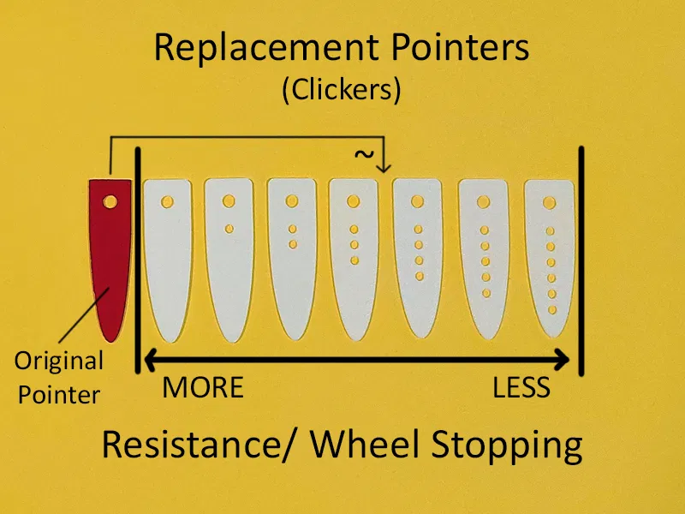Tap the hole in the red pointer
pos(110,202)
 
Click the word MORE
pos(203,388)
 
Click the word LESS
pos(521,388)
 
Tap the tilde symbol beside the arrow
pos(364,155)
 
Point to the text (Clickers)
pos(342,90)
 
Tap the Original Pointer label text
pos(58,377)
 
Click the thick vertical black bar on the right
pos(581,261)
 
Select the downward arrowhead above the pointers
pos(384,164)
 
